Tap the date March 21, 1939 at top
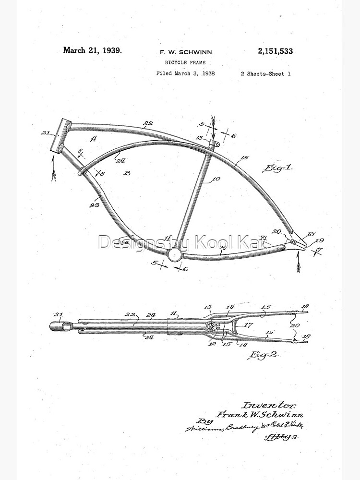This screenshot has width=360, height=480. point(92,50)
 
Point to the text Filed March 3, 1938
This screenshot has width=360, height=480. point(185,73)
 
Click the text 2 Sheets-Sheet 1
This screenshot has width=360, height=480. point(265,73)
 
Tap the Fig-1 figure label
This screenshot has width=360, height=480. point(278,168)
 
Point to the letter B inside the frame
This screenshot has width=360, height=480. point(127,172)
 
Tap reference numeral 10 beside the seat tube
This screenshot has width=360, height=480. point(216,179)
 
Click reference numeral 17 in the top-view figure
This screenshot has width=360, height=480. point(247,324)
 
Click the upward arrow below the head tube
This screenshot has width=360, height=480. point(53,170)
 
